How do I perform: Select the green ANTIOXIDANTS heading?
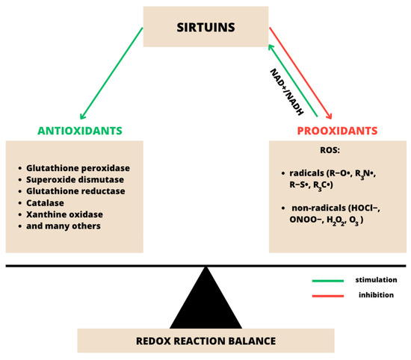tap(80, 131)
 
